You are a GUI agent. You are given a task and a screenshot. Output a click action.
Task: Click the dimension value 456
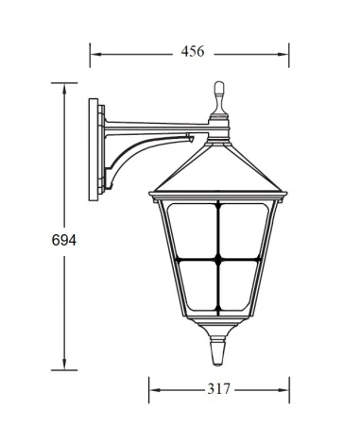tap(194, 52)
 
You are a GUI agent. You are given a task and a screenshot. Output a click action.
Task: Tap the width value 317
tap(218, 388)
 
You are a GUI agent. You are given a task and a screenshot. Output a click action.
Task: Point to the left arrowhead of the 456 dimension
tap(94, 53)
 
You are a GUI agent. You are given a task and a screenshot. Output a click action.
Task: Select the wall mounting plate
tap(94, 151)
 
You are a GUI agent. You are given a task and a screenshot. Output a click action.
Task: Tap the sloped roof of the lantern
tap(218, 170)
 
